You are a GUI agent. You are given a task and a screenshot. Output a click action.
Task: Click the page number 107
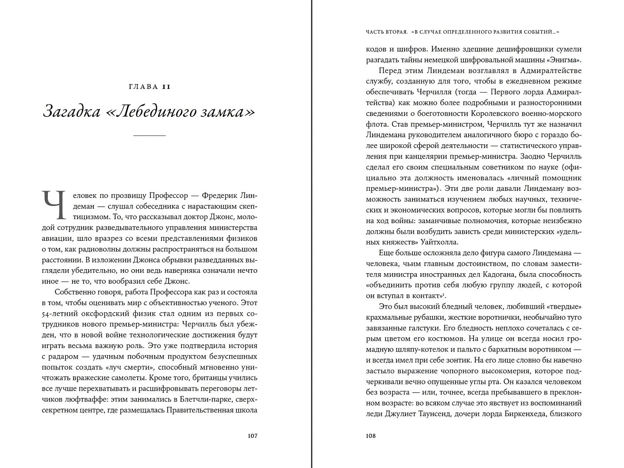252,436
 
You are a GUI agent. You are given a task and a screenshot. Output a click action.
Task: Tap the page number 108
371,436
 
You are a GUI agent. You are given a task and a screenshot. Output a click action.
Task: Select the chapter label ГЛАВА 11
150,87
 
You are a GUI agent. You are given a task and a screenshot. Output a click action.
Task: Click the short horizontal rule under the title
150,135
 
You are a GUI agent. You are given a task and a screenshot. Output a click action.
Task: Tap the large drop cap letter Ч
54,205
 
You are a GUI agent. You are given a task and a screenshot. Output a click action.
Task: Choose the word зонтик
464,360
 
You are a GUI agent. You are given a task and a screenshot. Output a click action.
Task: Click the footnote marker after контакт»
443,294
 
